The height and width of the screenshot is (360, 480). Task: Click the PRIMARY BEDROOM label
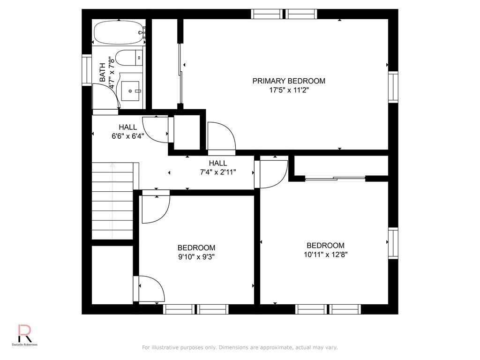pyautogui.click(x=289, y=81)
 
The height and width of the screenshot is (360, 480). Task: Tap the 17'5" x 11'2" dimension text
pyautogui.click(x=289, y=90)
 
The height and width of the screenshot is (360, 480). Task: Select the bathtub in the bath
pyautogui.click(x=119, y=33)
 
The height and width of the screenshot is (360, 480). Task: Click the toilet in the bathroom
pyautogui.click(x=129, y=58)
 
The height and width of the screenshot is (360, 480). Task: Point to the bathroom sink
pyautogui.click(x=130, y=91)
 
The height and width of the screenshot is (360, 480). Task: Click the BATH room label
pyautogui.click(x=103, y=72)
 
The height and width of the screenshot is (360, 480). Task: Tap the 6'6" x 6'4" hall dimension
pyautogui.click(x=127, y=136)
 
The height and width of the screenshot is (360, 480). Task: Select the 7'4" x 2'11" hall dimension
pyautogui.click(x=218, y=172)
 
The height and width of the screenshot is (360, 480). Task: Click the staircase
pyautogui.click(x=112, y=201)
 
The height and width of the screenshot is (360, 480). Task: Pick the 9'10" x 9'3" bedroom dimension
pyautogui.click(x=196, y=256)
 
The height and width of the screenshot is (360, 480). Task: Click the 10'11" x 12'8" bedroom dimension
pyautogui.click(x=326, y=255)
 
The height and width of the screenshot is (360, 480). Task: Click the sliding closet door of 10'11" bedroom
pyautogui.click(x=335, y=178)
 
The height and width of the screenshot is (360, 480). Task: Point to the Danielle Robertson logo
pyautogui.click(x=25, y=335)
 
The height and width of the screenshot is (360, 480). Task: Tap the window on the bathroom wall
pyautogui.click(x=87, y=70)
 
